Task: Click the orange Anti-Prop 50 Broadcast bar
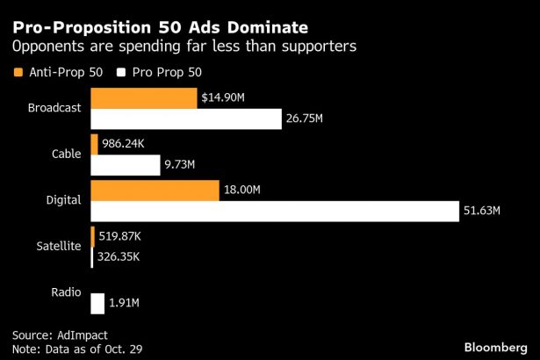click(x=144, y=97)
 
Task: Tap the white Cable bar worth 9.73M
click(x=125, y=164)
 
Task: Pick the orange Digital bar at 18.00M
click(x=155, y=190)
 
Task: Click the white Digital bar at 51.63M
click(x=275, y=211)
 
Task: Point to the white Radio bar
click(x=97, y=303)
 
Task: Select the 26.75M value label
click(x=305, y=119)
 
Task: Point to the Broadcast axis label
click(x=54, y=108)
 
